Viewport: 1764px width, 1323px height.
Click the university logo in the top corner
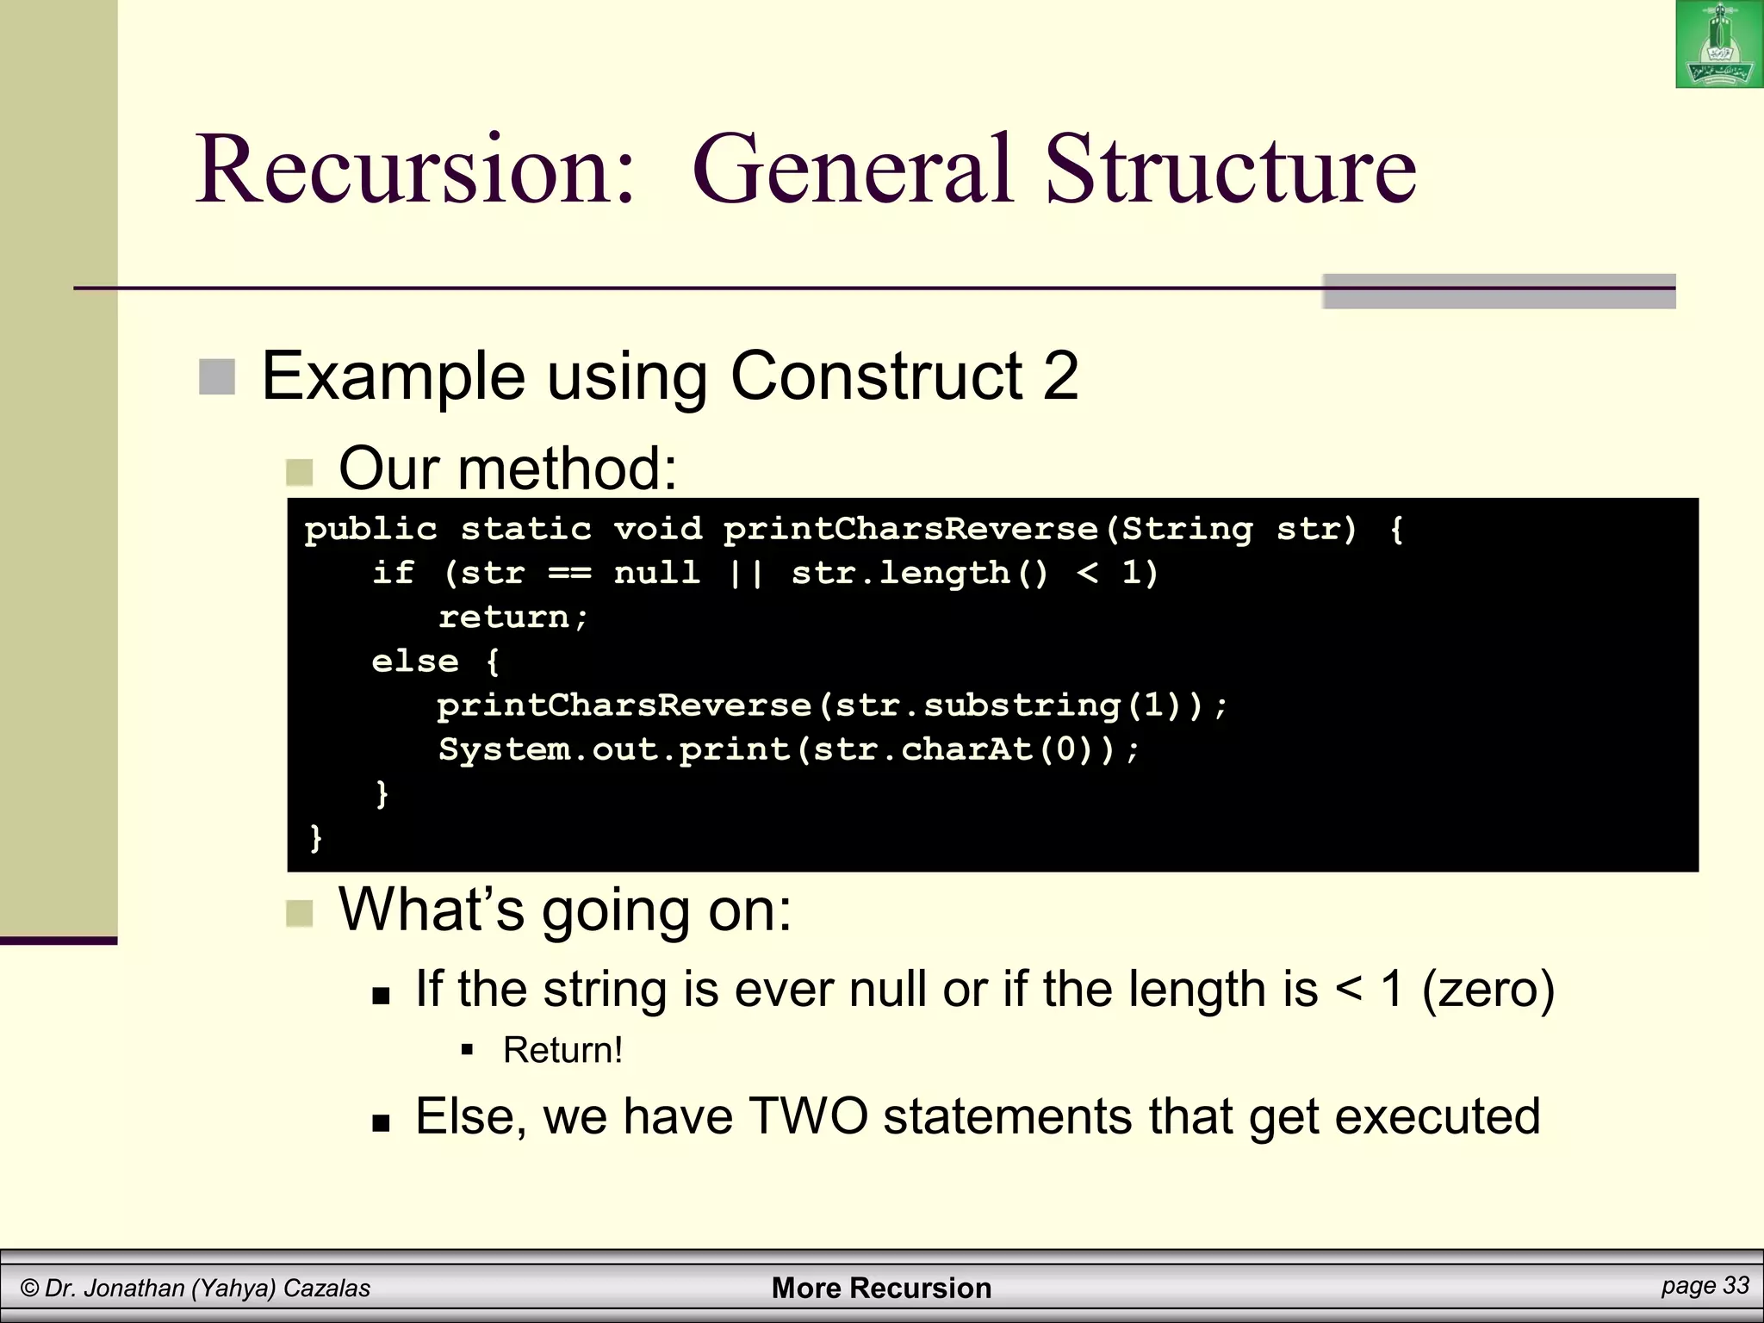click(1719, 45)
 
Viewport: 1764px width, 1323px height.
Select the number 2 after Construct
click(1060, 376)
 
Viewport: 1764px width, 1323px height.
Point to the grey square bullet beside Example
click(217, 377)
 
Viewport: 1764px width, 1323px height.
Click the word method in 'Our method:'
click(568, 469)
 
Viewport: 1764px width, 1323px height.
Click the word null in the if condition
click(657, 573)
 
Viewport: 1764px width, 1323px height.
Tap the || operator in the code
click(746, 573)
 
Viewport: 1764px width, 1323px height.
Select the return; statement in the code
click(513, 618)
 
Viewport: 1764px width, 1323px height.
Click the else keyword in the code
click(415, 661)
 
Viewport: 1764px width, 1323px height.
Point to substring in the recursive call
click(1022, 705)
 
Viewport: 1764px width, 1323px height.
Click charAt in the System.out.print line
click(966, 749)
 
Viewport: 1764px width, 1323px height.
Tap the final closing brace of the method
click(315, 837)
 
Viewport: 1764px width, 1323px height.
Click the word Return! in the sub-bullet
click(562, 1050)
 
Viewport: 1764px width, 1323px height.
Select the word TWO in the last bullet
click(809, 1116)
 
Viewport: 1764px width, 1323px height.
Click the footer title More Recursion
click(881, 1288)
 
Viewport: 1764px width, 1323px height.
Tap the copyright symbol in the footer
click(29, 1289)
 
